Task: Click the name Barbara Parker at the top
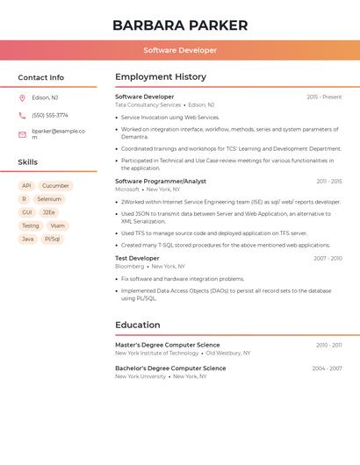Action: tap(180, 25)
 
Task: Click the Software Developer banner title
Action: tap(180, 50)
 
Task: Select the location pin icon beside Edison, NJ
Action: tap(22, 98)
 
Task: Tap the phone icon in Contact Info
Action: tap(22, 115)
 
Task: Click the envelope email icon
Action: tap(22, 134)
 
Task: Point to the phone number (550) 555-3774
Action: tap(50, 115)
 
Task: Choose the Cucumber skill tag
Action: tap(55, 186)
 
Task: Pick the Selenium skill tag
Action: tap(49, 199)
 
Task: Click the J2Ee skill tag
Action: tap(49, 212)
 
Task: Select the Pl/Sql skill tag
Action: tap(53, 239)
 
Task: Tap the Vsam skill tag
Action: tap(57, 225)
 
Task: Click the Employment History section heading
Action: tap(161, 77)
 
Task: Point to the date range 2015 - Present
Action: tap(324, 97)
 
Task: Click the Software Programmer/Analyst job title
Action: tap(161, 181)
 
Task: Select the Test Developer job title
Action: tap(137, 258)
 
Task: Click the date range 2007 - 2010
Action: tap(328, 258)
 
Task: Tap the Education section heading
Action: tap(137, 325)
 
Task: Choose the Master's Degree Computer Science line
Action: tap(168, 345)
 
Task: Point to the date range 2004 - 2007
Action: tap(327, 368)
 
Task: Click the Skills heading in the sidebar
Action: tap(28, 162)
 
